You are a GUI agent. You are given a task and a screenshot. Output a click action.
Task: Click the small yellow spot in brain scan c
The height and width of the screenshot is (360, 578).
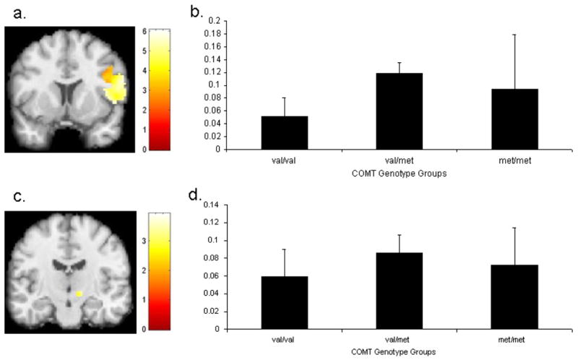pos(80,293)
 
